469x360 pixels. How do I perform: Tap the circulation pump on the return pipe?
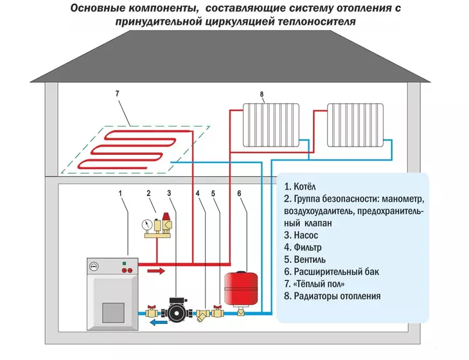coord(176,310)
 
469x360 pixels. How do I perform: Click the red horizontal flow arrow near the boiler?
coord(156,271)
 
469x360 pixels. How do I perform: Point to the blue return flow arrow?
coord(158,323)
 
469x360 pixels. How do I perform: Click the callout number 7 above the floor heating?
coord(117,94)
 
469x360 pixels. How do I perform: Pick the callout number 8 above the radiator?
coord(261,94)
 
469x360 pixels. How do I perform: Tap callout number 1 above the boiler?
coord(120,194)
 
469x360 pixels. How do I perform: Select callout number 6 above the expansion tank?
coord(239,194)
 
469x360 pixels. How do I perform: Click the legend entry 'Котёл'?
coord(300,186)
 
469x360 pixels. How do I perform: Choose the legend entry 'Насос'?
coord(301,235)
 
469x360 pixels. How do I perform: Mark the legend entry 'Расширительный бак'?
coord(332,272)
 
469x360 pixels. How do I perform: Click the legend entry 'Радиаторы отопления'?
coord(332,296)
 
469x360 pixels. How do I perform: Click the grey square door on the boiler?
coord(113,312)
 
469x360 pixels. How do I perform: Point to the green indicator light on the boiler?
coord(124,264)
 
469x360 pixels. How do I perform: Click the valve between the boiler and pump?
coord(152,312)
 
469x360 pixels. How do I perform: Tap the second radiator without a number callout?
coord(355,125)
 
